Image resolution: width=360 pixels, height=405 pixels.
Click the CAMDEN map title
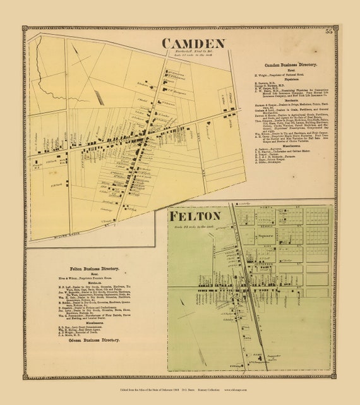click(x=193, y=44)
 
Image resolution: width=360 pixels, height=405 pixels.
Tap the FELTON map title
click(x=194, y=216)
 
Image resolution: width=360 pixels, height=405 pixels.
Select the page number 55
click(x=328, y=33)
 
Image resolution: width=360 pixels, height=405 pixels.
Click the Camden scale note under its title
click(x=193, y=56)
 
